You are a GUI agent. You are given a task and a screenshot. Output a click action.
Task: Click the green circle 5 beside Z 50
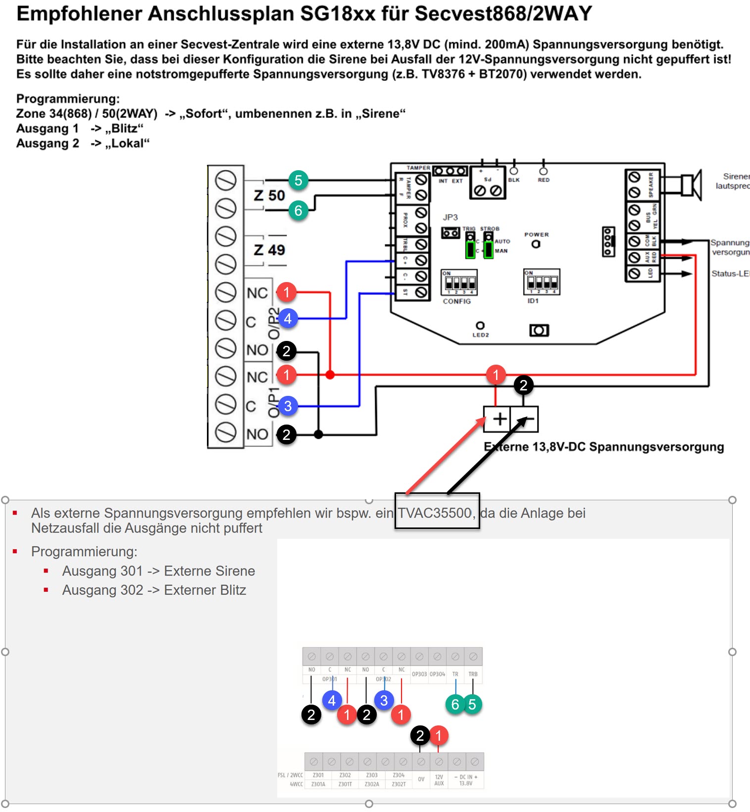[x=298, y=180]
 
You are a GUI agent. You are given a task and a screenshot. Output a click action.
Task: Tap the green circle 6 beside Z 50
[x=298, y=210]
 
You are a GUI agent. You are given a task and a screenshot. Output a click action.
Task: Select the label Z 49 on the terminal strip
[x=269, y=249]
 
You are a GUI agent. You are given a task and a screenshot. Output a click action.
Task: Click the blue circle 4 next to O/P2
[x=288, y=318]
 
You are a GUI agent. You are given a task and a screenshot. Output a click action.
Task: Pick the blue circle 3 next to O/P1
[x=288, y=406]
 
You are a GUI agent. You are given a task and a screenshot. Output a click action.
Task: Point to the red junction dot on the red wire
[x=330, y=375]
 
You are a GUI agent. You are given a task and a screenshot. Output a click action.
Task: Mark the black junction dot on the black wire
[x=318, y=434]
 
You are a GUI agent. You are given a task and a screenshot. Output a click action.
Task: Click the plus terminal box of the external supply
[x=497, y=419]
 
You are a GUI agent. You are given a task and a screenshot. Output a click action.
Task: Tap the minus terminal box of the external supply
[x=525, y=419]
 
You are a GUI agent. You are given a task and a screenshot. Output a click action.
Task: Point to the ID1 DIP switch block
[x=542, y=282]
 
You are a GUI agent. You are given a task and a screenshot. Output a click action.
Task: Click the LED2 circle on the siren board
[x=480, y=325]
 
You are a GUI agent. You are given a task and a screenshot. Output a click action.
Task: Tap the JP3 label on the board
[x=450, y=217]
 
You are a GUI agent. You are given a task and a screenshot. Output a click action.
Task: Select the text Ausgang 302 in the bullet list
[x=102, y=590]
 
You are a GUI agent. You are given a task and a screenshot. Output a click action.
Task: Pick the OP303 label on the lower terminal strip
[x=419, y=674]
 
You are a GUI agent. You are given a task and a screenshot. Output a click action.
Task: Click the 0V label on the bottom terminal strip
[x=421, y=779]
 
